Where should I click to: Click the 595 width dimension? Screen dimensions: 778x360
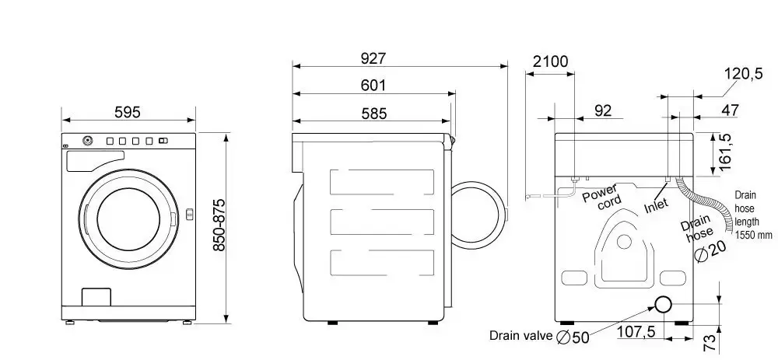click(128, 112)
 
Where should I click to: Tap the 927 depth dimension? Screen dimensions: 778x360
click(373, 58)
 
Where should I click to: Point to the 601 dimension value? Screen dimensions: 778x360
click(373, 86)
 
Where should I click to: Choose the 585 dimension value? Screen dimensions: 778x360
click(373, 114)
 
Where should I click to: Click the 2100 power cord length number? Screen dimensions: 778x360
click(550, 61)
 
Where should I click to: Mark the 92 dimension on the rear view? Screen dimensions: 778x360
click(603, 110)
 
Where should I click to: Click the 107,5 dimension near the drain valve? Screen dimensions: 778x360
click(636, 331)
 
